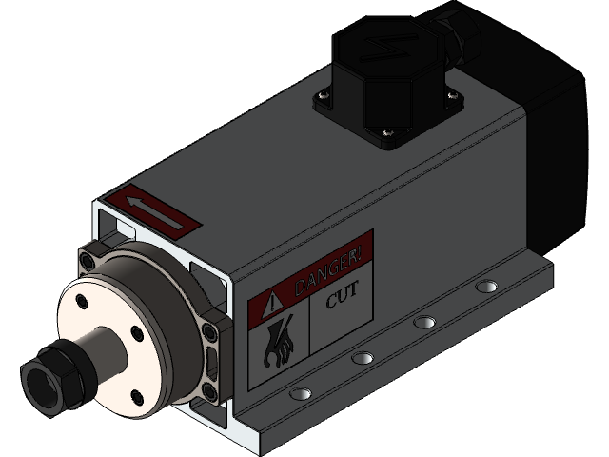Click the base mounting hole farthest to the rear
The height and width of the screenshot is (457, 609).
pyautogui.click(x=486, y=286)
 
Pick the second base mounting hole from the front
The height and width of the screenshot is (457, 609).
pyautogui.click(x=363, y=358)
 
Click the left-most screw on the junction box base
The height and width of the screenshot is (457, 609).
pyautogui.click(x=320, y=95)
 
